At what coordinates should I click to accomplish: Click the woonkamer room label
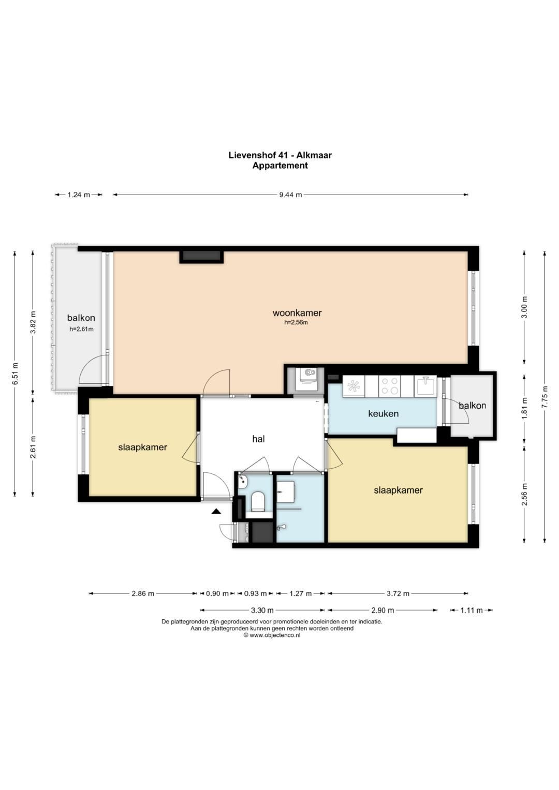[297, 313]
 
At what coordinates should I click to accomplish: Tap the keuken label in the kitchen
[383, 413]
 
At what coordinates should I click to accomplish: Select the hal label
[258, 439]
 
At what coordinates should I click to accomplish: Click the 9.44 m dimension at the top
[290, 195]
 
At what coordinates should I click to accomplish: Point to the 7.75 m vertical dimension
[545, 397]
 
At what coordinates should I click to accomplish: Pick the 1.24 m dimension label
[79, 195]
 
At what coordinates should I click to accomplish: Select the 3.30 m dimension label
[262, 610]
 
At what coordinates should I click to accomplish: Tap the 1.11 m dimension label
[471, 610]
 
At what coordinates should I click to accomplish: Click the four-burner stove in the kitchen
[389, 386]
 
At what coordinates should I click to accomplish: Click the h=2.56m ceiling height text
[296, 322]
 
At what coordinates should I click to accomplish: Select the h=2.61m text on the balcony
[82, 330]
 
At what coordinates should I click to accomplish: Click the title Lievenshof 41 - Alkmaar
[280, 155]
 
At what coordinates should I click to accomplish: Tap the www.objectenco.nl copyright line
[272, 635]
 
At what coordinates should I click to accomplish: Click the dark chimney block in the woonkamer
[201, 257]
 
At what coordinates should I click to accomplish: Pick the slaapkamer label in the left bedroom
[142, 447]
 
